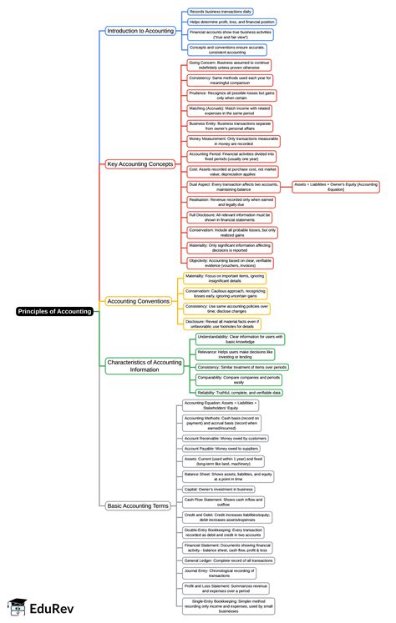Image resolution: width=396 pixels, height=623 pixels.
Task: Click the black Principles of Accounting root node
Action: [54, 311]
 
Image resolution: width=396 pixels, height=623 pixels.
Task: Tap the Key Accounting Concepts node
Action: [140, 164]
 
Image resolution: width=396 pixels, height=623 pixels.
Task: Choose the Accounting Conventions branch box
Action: [139, 300]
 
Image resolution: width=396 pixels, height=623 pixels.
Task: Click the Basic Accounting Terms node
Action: [139, 505]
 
